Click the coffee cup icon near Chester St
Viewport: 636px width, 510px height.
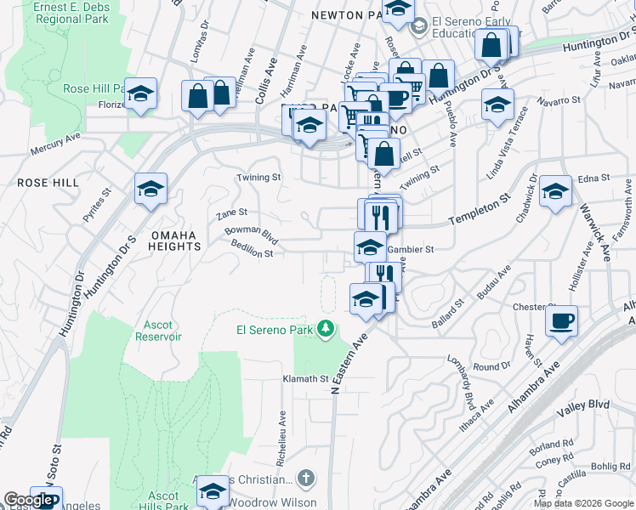tap(561, 322)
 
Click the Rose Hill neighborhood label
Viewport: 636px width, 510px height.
tap(48, 183)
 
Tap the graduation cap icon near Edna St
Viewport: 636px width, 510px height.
tap(555, 191)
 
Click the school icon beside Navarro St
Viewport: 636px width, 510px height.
tap(497, 105)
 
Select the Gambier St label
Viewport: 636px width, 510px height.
tap(411, 250)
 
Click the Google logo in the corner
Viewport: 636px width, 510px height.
tap(27, 500)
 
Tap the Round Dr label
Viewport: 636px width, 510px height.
tap(491, 366)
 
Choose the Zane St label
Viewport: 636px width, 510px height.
tap(231, 212)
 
